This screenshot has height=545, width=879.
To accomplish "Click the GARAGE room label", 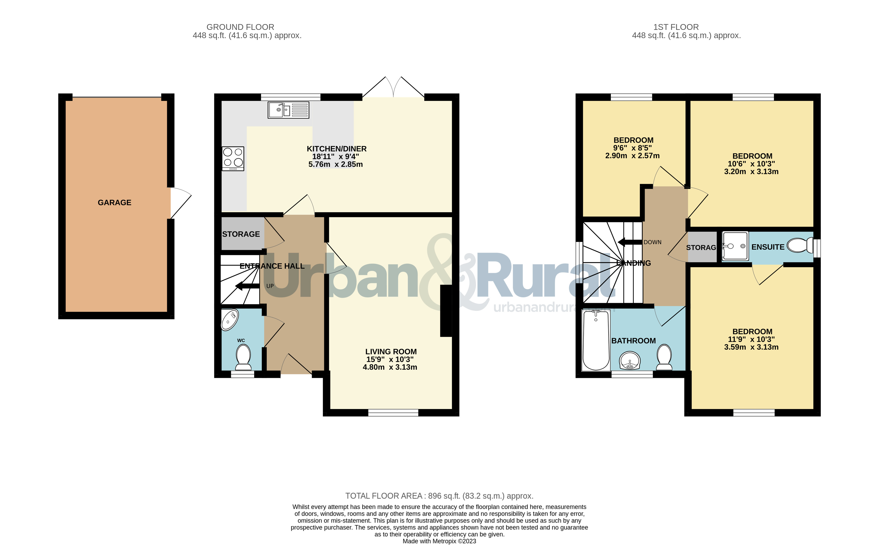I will tap(115, 202).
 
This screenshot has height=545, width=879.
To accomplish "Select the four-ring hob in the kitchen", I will tap(233, 159).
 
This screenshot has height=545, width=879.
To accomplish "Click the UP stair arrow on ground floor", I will tap(248, 286).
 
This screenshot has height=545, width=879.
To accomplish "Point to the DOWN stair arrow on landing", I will tap(630, 242).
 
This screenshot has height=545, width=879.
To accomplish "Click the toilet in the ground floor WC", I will tap(243, 357).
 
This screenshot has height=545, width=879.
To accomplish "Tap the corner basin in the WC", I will tap(230, 320).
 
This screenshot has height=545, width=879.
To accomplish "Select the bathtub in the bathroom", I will tap(596, 340).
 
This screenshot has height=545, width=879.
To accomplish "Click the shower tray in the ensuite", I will tap(735, 246).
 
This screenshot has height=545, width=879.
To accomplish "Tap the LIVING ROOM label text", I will tap(391, 352).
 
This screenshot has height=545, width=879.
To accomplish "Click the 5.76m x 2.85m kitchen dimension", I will tap(335, 164).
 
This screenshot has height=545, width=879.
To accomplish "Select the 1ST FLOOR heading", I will tap(676, 27).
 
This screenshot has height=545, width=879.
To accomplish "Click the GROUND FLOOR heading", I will tap(240, 27).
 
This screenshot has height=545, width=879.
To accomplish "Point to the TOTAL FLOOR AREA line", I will tap(439, 496).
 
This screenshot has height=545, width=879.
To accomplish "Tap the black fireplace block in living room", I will tap(446, 311).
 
